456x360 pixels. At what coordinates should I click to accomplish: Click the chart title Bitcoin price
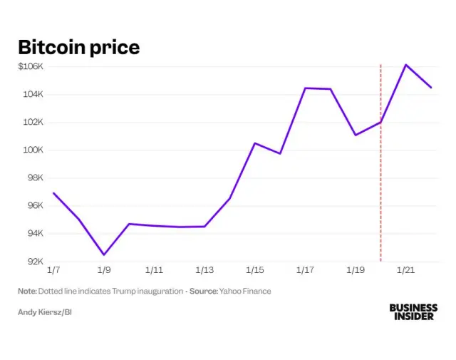(x=78, y=47)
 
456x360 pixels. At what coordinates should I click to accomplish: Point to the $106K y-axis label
(x=31, y=66)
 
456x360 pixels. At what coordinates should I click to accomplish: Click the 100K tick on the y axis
(x=33, y=150)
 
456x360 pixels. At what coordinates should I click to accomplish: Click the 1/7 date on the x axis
(x=53, y=271)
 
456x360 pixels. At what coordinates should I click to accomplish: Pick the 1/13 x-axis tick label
(x=204, y=271)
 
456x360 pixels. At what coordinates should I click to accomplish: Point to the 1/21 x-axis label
(x=405, y=271)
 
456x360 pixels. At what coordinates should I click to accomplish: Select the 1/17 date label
(x=305, y=271)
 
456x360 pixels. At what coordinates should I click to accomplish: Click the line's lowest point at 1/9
(x=104, y=254)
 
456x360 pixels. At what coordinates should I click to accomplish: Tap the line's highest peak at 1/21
(x=405, y=65)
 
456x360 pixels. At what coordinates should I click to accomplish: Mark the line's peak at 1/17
(x=305, y=88)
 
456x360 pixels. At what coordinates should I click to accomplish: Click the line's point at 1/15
(x=255, y=143)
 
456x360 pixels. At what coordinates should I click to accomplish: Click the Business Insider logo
(x=413, y=312)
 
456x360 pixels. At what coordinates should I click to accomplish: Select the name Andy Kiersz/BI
(x=45, y=312)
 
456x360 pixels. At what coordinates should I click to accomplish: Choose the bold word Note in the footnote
(x=27, y=291)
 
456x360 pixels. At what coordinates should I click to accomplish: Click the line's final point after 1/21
(x=430, y=87)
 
